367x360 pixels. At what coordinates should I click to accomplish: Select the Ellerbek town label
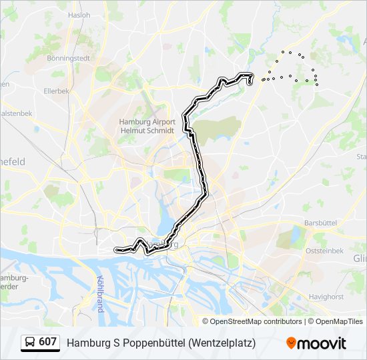(57, 91)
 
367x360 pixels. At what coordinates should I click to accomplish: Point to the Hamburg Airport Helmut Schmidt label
(147, 126)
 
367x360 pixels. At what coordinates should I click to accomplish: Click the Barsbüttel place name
(318, 222)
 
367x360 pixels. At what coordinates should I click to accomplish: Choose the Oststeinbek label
(324, 251)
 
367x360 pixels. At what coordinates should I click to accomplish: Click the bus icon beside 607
(30, 343)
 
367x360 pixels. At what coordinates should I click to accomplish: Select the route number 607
(47, 342)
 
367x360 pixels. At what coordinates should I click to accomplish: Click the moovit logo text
(322, 343)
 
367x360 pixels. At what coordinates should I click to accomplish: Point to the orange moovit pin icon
(291, 343)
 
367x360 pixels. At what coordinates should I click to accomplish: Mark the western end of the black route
(116, 251)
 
